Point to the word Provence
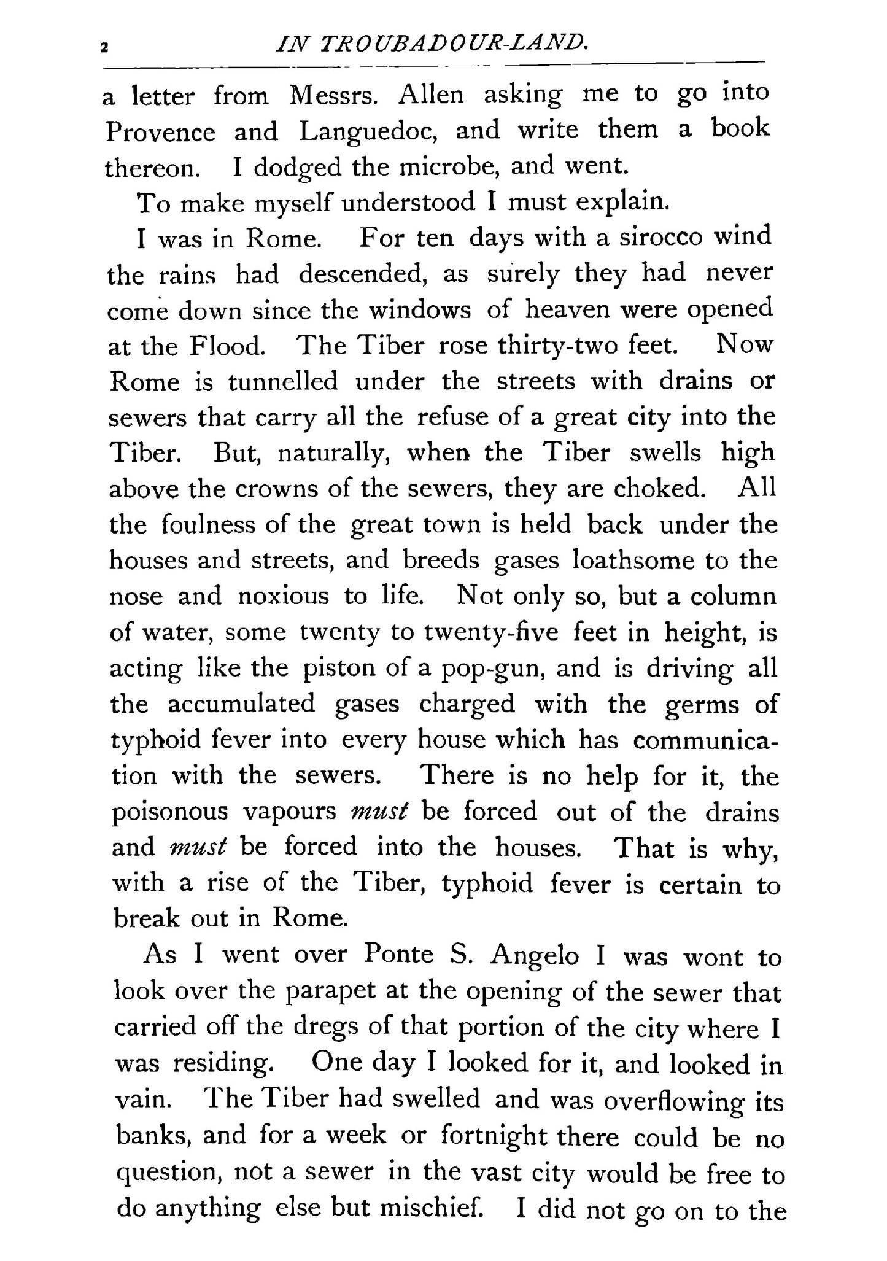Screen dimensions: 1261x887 click(x=161, y=132)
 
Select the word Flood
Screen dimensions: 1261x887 click(x=227, y=346)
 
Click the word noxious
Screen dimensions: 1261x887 click(x=284, y=596)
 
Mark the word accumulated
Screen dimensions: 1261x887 click(x=241, y=704)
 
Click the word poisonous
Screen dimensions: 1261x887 click(x=170, y=812)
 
